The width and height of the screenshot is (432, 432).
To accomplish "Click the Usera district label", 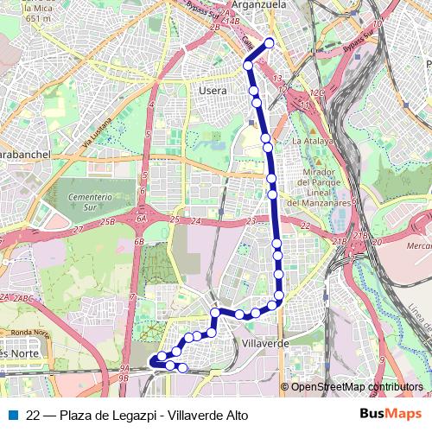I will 213,90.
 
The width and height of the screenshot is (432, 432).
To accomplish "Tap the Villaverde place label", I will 266,343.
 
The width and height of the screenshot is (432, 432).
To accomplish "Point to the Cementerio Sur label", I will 91,202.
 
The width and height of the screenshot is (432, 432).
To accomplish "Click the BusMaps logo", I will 391,415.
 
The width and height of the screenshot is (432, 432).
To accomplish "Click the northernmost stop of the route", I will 270,42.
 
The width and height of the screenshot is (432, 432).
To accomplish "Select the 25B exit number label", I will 107,223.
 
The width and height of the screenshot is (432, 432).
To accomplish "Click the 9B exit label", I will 125,378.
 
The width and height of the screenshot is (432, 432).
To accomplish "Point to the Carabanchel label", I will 26,153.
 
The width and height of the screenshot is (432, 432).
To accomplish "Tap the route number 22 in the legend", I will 35,416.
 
